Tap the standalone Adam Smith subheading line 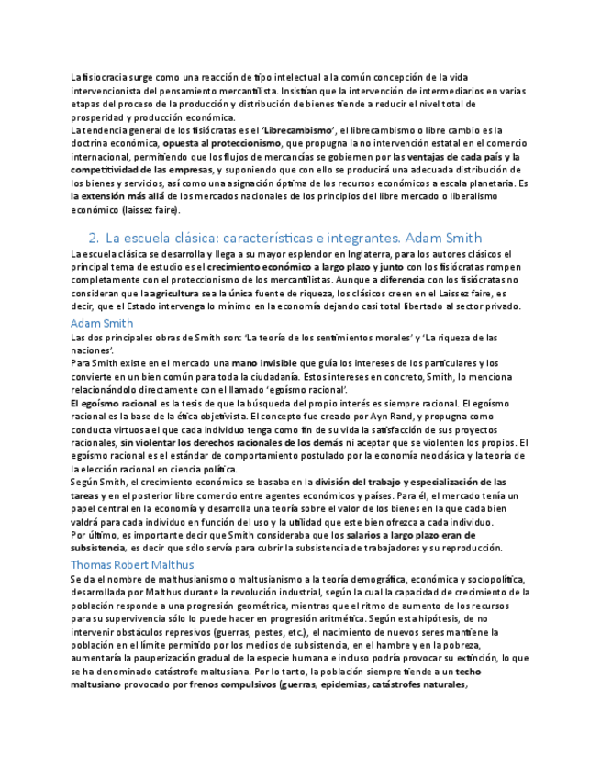pyautogui.click(x=102, y=323)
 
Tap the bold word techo pyautogui.click(x=468, y=672)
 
